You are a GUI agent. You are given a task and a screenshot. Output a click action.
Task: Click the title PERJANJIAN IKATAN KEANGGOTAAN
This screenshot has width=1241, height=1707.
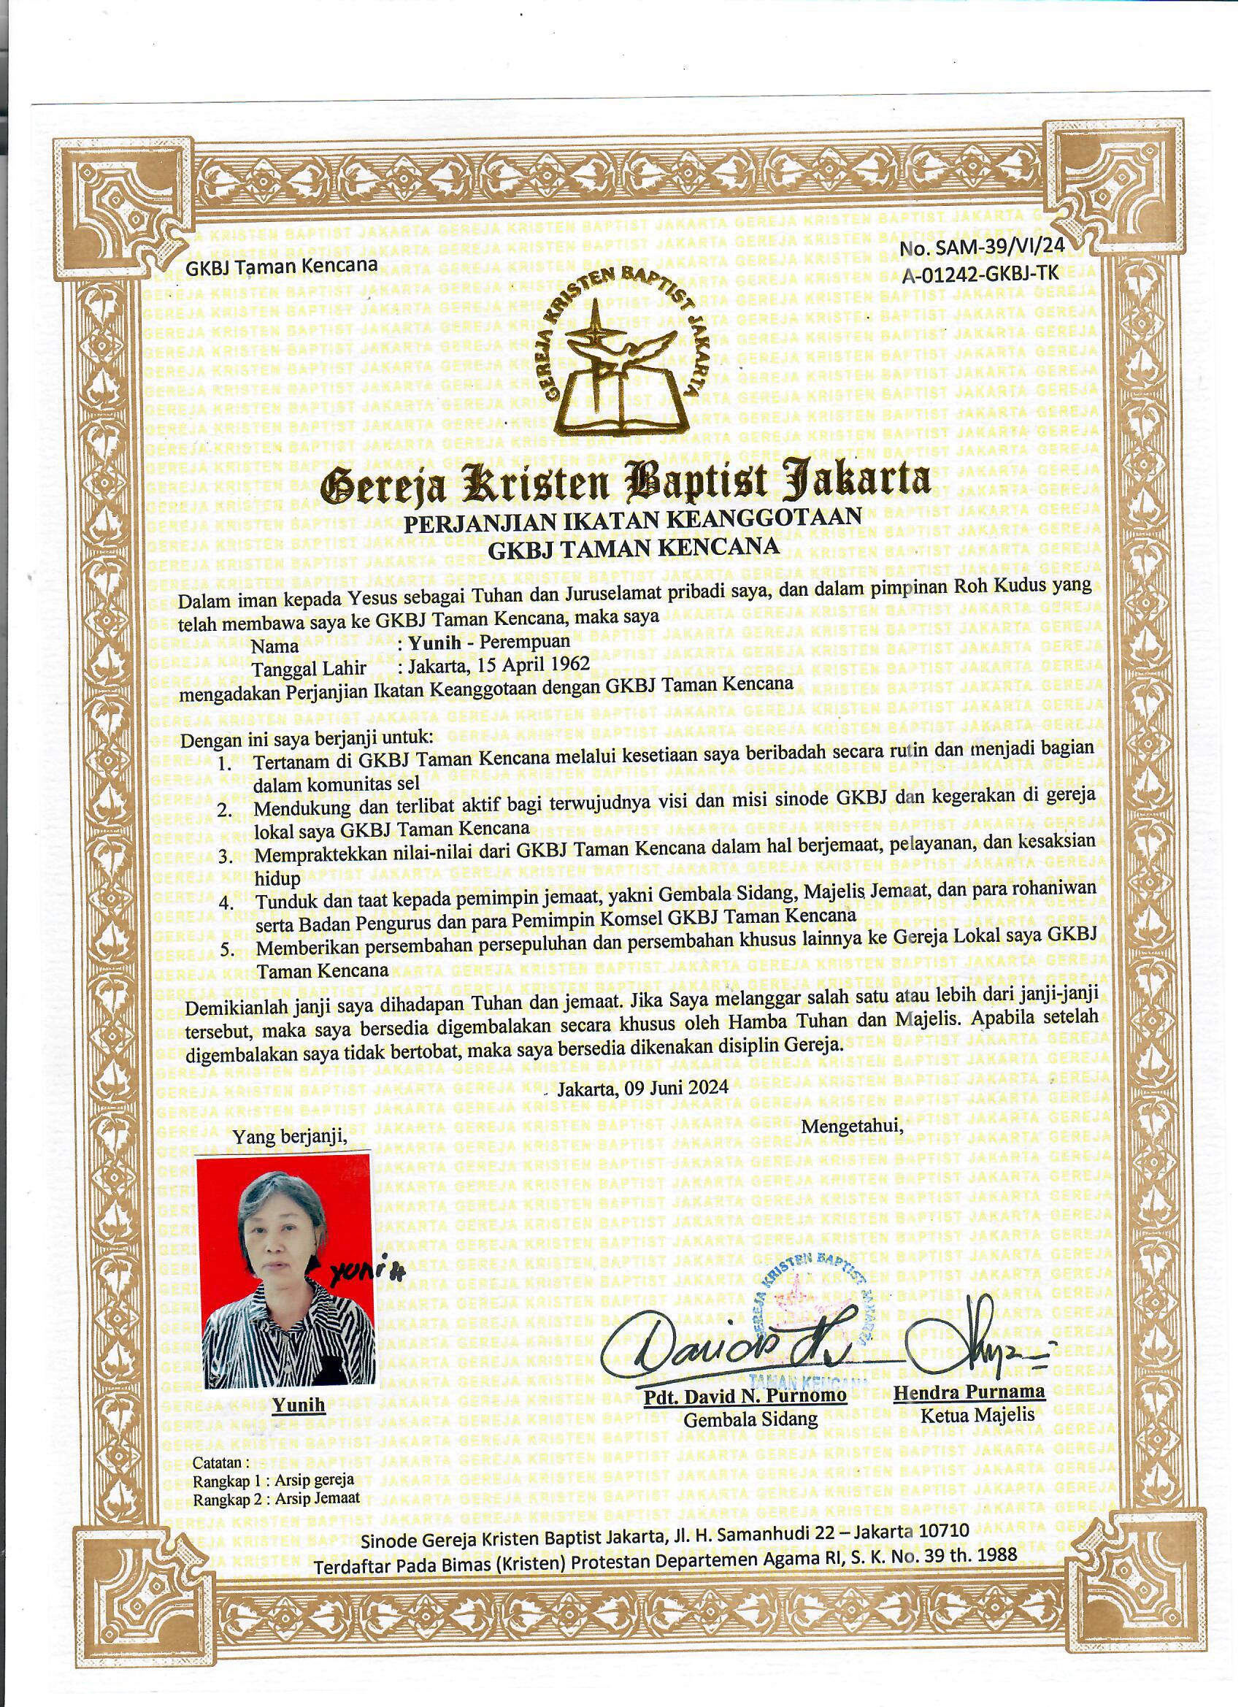pos(632,522)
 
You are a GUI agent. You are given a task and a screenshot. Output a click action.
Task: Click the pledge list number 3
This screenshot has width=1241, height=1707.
pos(226,856)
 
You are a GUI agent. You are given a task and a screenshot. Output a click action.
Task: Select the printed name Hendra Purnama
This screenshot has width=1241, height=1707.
pos(969,1393)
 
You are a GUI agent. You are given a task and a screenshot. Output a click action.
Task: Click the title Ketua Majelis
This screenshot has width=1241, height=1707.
pos(977,1416)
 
